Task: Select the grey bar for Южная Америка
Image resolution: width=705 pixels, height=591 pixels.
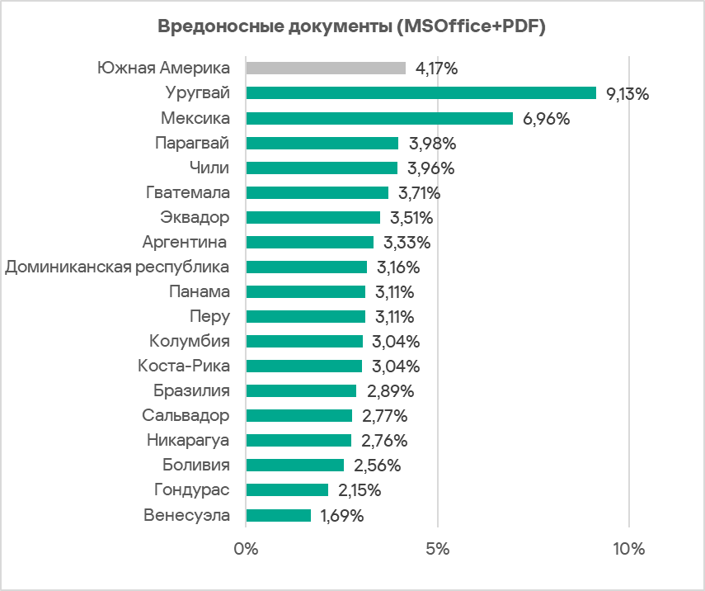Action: click(326, 69)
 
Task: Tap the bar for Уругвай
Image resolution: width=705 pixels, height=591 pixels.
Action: click(421, 93)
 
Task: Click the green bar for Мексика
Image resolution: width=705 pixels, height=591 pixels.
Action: click(379, 118)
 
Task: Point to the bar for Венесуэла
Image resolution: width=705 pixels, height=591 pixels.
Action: click(279, 515)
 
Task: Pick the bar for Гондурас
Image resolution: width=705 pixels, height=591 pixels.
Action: click(287, 490)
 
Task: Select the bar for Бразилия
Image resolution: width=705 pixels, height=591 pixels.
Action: click(301, 391)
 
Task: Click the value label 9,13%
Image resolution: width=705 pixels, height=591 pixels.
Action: click(627, 94)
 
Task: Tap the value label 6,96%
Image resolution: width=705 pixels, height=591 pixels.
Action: click(547, 119)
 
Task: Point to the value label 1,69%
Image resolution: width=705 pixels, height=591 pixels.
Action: click(341, 516)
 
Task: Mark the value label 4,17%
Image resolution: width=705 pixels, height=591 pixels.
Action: click(437, 69)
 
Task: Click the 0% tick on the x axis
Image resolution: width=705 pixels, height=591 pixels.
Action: click(246, 550)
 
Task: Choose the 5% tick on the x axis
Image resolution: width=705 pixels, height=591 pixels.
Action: click(438, 550)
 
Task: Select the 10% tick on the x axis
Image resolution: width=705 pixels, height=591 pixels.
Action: click(629, 550)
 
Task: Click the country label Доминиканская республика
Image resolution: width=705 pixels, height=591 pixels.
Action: click(117, 267)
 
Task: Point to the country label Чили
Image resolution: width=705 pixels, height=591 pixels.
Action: click(209, 168)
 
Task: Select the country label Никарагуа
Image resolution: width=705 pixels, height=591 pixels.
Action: click(187, 440)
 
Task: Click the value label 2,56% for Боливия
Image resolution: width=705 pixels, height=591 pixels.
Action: click(377, 466)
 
